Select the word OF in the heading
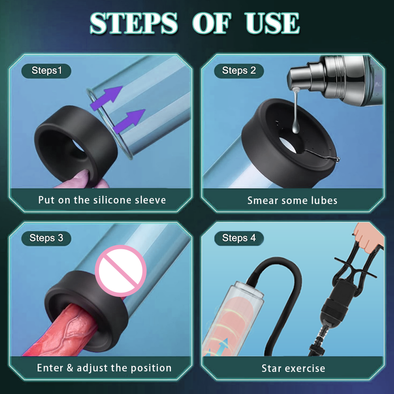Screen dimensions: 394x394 click(x=211, y=23)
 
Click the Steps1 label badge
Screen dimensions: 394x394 click(x=47, y=70)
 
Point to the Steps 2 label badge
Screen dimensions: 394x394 click(x=239, y=70)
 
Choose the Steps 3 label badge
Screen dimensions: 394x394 click(x=46, y=238)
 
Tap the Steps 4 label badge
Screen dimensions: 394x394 click(x=239, y=238)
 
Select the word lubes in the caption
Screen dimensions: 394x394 click(x=321, y=200)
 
